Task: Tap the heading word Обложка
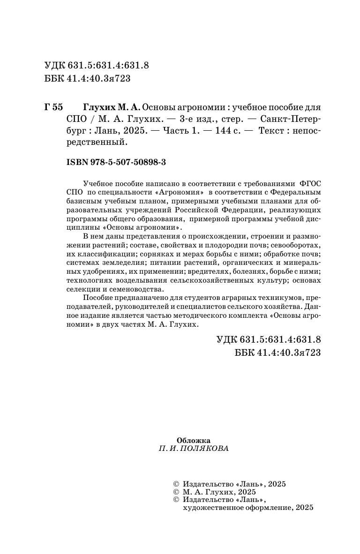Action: coord(194,440)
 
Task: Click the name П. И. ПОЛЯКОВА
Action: coord(194,449)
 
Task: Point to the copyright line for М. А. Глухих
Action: coord(215,492)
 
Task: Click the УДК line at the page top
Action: coord(96,66)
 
